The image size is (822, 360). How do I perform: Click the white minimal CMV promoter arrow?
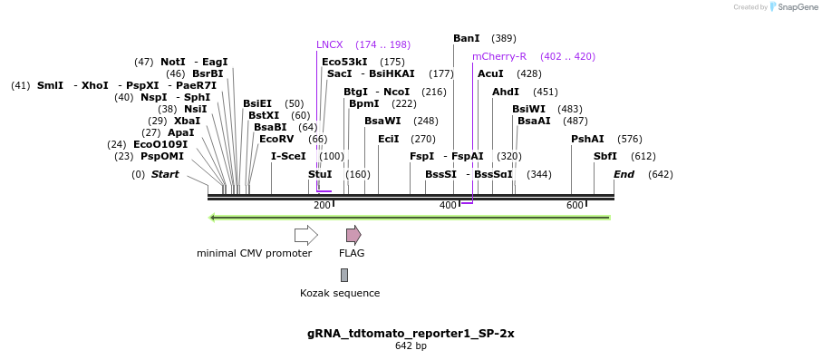coord(306,235)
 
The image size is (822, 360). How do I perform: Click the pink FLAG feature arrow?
coord(353,235)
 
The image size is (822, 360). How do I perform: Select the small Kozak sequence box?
coord(344,275)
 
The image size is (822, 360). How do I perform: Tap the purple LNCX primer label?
coord(330,44)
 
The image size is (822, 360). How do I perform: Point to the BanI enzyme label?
coord(466,38)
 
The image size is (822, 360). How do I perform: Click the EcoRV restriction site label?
coord(276,139)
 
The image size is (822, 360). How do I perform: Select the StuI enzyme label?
coord(320,174)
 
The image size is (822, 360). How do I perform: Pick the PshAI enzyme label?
coord(587,139)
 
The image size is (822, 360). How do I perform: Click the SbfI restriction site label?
coord(604,156)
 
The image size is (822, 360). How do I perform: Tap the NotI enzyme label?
coord(172,62)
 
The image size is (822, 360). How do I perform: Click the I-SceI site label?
coord(288,156)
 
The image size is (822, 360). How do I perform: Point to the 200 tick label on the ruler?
coord(322,206)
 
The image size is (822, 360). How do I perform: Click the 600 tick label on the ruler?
coord(575,206)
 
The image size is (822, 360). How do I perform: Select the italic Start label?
coord(165,174)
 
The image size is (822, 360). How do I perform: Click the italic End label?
coord(624,174)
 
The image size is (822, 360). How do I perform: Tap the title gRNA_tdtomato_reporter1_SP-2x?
coord(411,333)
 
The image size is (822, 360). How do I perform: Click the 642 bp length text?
coord(411,346)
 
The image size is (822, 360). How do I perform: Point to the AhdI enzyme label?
coord(506,92)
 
